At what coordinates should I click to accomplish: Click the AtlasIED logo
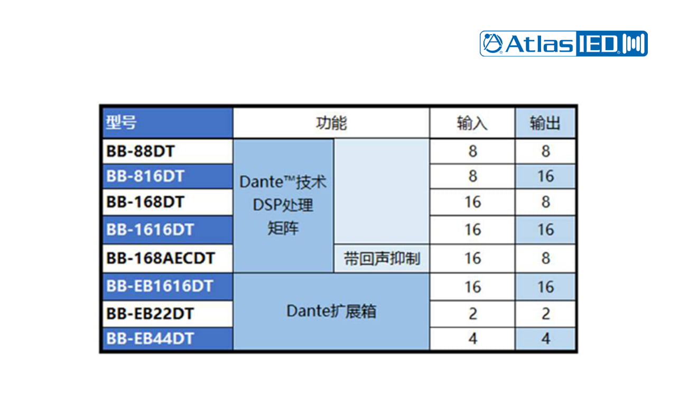[563, 44]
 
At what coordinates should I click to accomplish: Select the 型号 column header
[121, 122]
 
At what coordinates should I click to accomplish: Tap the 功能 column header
[331, 123]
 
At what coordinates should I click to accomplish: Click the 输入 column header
[472, 123]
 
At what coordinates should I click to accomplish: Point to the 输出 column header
[545, 123]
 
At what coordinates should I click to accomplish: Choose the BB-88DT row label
[141, 151]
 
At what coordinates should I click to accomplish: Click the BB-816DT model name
[145, 176]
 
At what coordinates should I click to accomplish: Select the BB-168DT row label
[145, 202]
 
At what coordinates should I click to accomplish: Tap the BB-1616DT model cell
[150, 230]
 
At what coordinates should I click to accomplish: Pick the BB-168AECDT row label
[161, 258]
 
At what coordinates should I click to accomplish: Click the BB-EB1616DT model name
[160, 286]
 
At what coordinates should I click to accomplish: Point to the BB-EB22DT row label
[150, 313]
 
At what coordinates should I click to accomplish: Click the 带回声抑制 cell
[382, 259]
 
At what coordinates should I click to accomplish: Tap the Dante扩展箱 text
[331, 311]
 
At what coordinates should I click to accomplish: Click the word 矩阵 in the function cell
[283, 228]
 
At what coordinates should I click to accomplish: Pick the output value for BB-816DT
[546, 176]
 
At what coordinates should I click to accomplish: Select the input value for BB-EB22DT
[473, 314]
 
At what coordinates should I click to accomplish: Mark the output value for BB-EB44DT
[546, 338]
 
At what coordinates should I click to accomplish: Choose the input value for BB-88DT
[473, 151]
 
